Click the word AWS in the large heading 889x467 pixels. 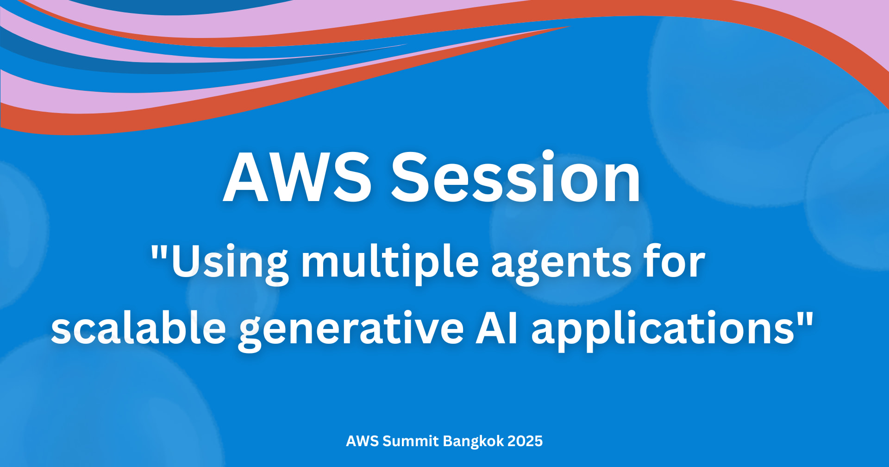coord(297,177)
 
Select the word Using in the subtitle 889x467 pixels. coord(230,263)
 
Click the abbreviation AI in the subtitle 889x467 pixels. coord(497,328)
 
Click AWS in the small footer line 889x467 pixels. coord(362,441)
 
